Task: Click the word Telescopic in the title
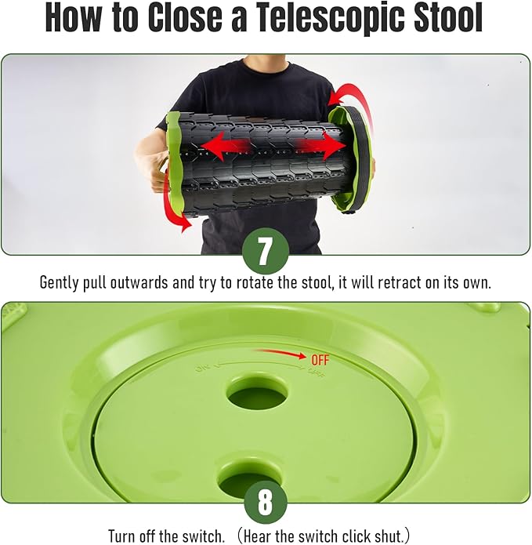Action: pyautogui.click(x=328, y=17)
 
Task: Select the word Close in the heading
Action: pyautogui.click(x=185, y=17)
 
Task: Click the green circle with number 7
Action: pyautogui.click(x=266, y=251)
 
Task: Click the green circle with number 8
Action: pyautogui.click(x=266, y=502)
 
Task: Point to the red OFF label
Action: pyautogui.click(x=320, y=360)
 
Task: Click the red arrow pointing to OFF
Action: pyautogui.click(x=281, y=354)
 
